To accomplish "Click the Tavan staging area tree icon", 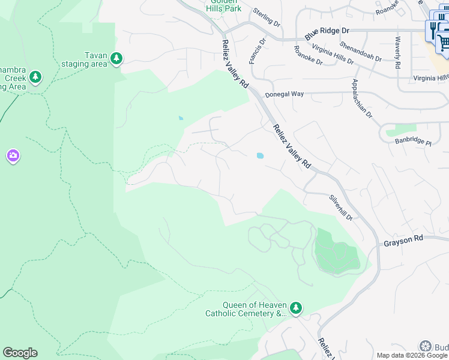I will point(116,58).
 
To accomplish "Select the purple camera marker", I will point(13,156).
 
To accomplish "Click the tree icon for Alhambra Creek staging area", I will point(36,77).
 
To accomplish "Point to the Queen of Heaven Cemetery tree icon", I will point(295,308).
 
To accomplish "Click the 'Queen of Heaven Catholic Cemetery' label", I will point(246,309).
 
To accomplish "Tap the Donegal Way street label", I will point(285,94).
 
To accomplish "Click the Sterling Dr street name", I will point(267,17).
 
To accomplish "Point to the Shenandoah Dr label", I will point(360,51).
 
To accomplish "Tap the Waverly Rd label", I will point(397,52).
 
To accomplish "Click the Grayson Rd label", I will point(403,238).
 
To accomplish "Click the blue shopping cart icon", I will point(443,41).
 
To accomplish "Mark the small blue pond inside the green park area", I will point(181,118).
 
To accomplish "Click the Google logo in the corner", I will point(20,353).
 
